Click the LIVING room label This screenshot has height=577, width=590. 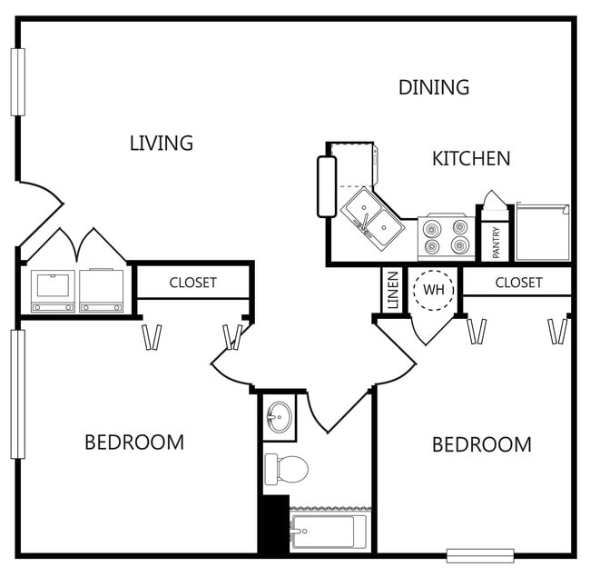162,143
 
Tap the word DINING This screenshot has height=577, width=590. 434,87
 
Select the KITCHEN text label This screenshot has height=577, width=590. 470,158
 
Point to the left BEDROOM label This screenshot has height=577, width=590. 134,443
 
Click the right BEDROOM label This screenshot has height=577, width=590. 481,445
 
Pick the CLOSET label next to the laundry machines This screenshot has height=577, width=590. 192,283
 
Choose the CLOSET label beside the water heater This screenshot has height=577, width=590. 518,283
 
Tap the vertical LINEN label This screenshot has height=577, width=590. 392,291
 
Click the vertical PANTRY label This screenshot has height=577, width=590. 496,243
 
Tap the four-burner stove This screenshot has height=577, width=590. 445,237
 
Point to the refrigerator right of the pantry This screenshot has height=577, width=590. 543,233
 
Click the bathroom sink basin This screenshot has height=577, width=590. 279,418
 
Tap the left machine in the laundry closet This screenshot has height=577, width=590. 53,290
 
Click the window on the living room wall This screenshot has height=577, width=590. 17,82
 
